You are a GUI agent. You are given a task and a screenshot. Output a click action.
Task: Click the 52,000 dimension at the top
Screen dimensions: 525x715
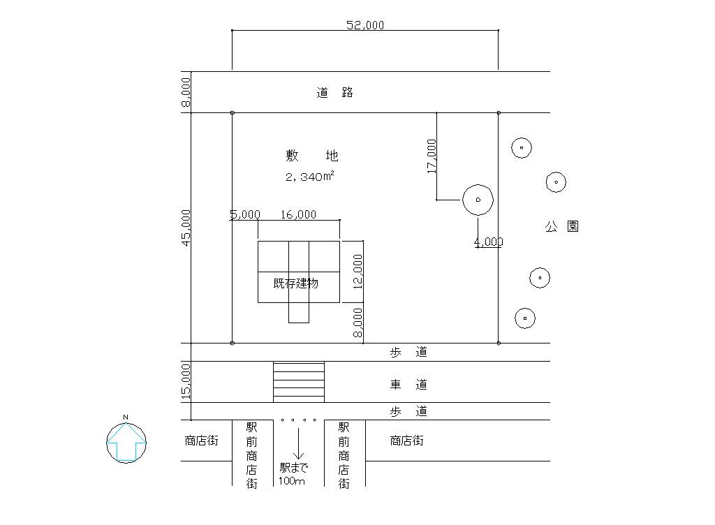click(365, 25)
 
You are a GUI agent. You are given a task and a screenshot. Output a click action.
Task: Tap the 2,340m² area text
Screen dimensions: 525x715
click(309, 177)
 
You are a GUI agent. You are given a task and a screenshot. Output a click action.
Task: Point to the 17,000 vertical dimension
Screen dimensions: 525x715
click(432, 156)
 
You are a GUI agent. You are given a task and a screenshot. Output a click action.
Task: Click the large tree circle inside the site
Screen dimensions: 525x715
click(478, 200)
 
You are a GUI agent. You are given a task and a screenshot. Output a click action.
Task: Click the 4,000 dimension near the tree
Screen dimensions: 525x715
click(488, 242)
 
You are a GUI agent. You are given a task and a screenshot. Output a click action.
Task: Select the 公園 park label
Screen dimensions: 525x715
click(562, 226)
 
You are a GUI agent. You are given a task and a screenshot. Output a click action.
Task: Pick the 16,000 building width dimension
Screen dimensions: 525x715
click(298, 214)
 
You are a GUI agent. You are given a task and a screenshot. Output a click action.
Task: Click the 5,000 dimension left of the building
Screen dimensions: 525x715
click(245, 214)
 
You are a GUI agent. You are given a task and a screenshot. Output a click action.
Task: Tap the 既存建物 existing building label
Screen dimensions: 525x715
click(296, 283)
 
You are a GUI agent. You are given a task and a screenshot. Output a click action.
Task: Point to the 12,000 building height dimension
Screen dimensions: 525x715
click(357, 272)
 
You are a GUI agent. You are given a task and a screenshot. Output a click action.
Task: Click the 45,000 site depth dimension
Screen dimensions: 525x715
click(186, 227)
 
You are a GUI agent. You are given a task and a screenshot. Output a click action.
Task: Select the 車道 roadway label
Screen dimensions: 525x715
click(408, 385)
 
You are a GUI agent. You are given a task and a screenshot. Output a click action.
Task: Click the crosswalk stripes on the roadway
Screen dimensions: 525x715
click(298, 382)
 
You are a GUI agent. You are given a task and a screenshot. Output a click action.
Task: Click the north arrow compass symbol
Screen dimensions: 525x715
click(126, 442)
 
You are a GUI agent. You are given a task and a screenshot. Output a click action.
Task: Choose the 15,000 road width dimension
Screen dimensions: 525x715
click(186, 382)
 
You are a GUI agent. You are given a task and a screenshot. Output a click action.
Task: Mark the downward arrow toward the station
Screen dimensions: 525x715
click(298, 444)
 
